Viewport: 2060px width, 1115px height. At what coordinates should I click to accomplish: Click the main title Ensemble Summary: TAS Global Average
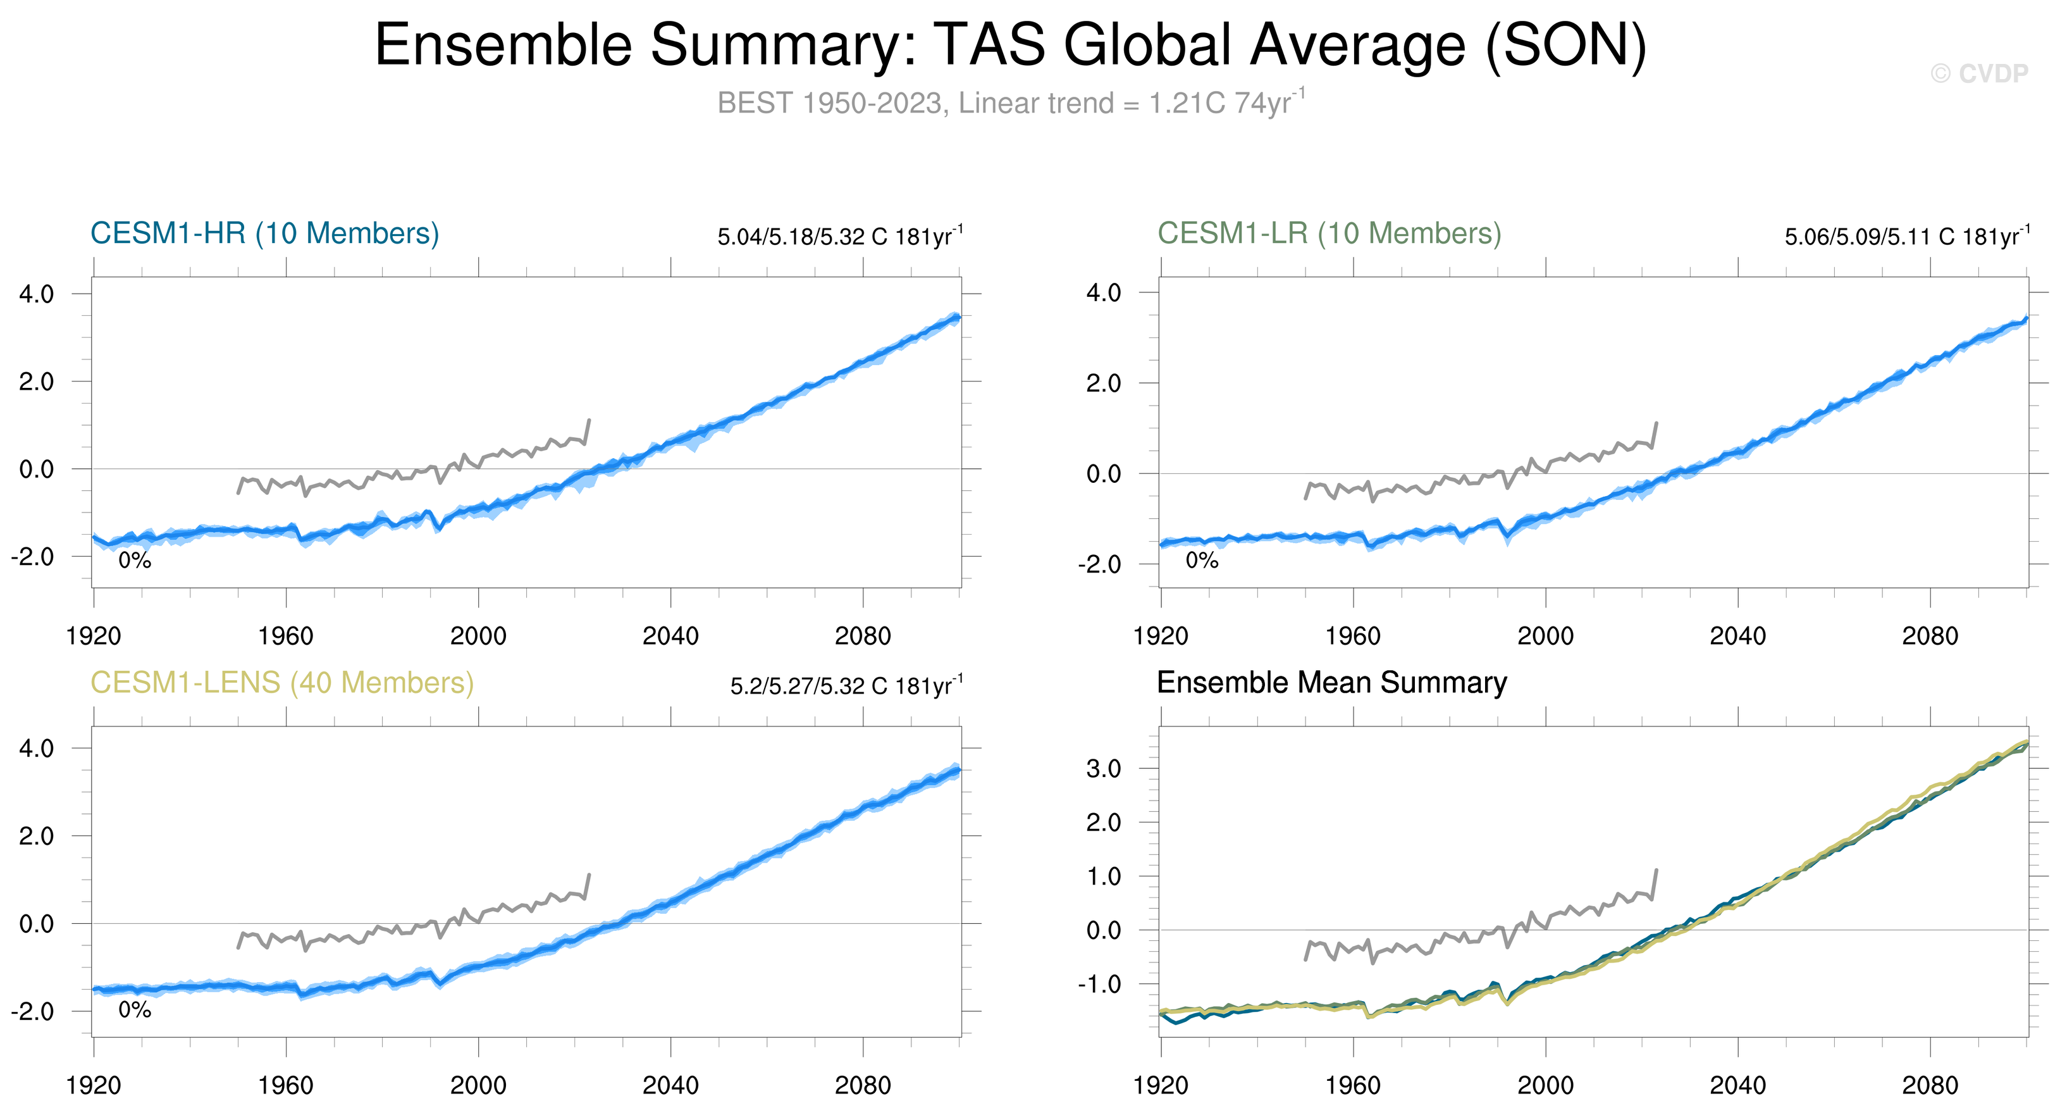(1010, 45)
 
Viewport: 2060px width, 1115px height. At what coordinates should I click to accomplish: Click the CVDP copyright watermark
(1979, 73)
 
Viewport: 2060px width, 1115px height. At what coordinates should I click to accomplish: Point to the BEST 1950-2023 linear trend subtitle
(1011, 103)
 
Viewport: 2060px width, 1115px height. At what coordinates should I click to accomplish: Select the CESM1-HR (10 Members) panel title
(265, 234)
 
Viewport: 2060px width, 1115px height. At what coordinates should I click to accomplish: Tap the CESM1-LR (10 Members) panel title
(1329, 234)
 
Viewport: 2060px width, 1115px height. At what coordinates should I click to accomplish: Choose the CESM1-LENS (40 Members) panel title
(281, 683)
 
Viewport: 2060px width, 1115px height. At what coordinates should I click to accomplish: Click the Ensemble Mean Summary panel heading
(1331, 683)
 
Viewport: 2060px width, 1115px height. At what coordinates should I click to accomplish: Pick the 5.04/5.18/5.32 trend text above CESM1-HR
(840, 237)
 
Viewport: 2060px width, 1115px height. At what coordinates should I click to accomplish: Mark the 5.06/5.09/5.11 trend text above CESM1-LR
(1906, 237)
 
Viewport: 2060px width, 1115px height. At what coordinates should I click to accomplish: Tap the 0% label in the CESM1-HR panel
(134, 561)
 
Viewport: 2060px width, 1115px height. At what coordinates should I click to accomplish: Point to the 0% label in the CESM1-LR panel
(1201, 561)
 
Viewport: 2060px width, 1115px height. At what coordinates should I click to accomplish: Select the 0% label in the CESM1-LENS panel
(134, 1010)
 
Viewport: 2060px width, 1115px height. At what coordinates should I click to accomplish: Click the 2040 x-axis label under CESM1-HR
(670, 637)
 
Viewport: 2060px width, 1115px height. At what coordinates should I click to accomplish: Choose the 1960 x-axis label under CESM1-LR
(1353, 637)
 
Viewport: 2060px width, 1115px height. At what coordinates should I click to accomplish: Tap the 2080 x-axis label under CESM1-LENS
(862, 1086)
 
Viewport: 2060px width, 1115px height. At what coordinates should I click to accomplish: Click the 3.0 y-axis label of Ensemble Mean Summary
(1104, 769)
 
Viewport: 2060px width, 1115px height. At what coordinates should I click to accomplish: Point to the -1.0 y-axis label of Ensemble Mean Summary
(1099, 985)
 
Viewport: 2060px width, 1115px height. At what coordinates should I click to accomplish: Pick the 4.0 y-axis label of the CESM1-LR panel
(1104, 294)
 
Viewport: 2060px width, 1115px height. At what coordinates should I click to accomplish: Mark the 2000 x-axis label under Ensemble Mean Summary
(1545, 1086)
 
